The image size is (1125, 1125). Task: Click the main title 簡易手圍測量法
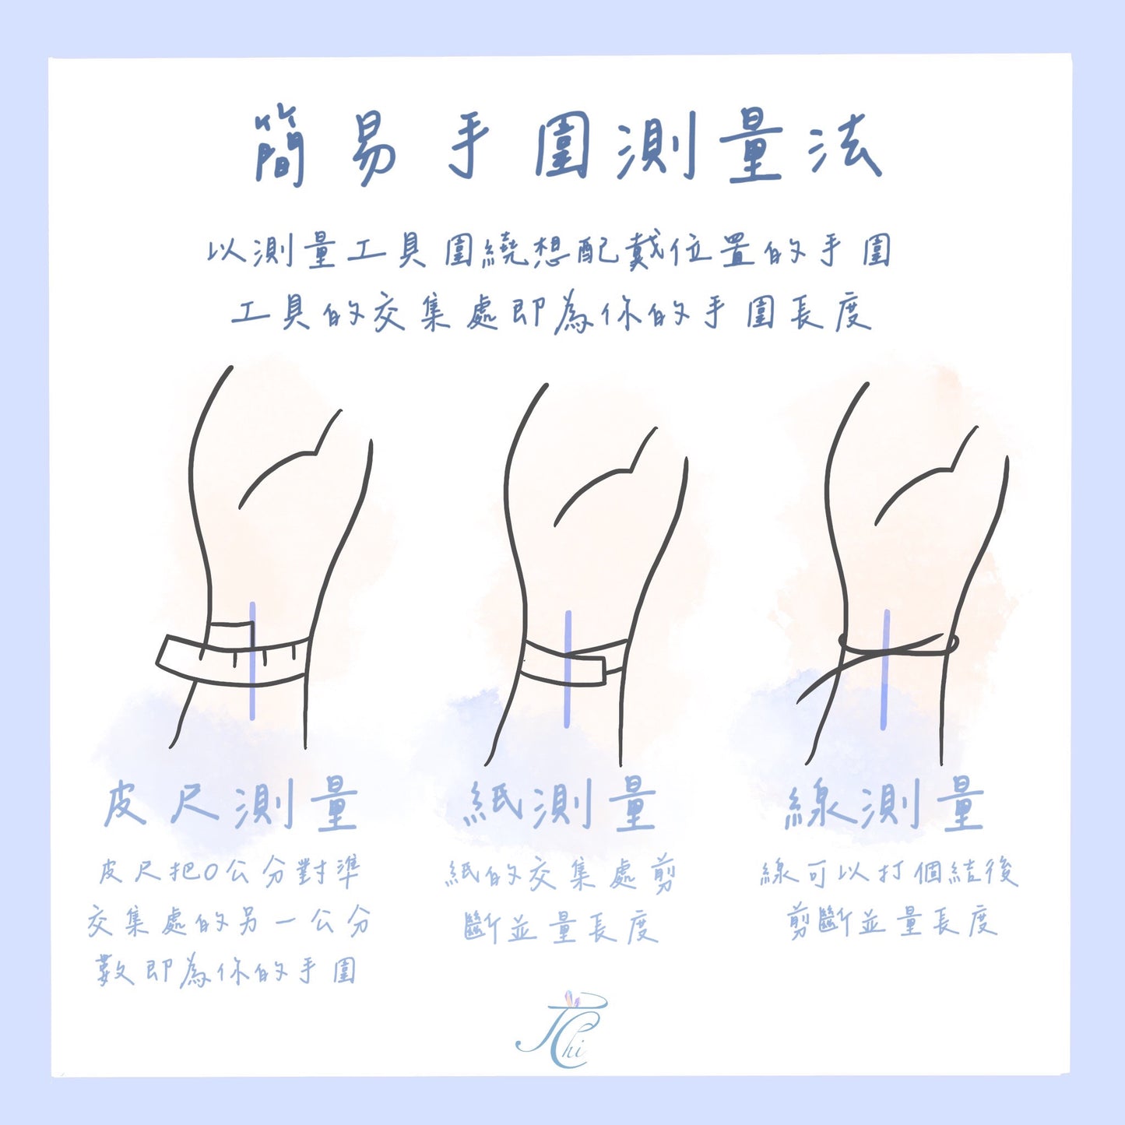567,148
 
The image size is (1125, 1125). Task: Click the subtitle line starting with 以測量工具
550,251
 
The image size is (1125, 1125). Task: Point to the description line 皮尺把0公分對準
230,872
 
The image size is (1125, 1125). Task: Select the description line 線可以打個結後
889,872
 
